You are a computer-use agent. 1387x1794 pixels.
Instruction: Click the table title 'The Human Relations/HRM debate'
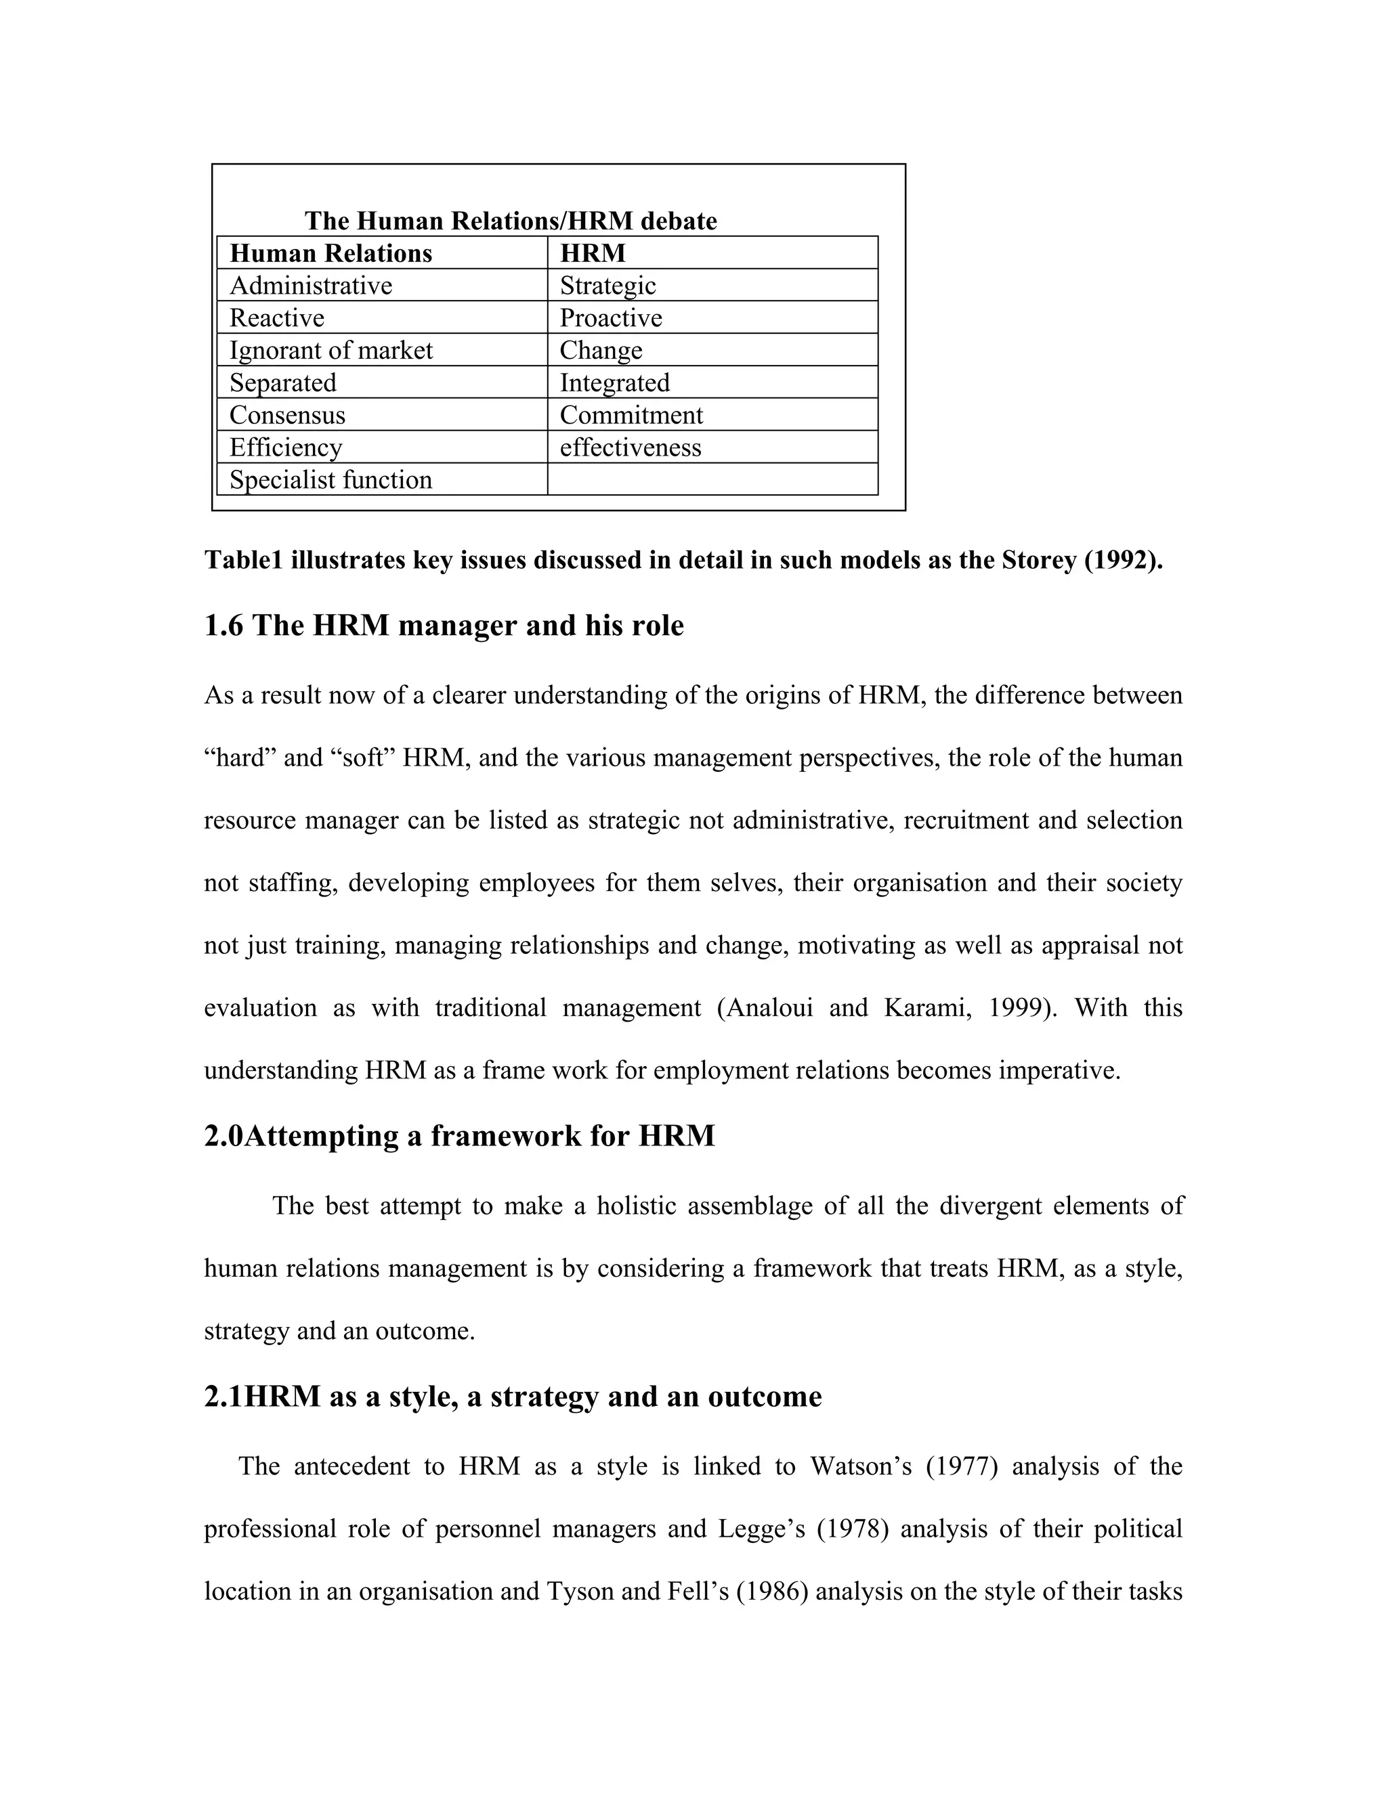[x=510, y=221]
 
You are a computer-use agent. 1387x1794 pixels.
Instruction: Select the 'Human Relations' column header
[x=330, y=253]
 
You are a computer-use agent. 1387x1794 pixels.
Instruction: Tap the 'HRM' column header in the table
[x=593, y=253]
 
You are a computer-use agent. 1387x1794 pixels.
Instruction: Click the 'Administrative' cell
[x=311, y=285]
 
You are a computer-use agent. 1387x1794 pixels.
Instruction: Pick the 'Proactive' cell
[x=610, y=318]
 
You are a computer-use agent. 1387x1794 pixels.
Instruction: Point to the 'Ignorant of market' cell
[x=330, y=350]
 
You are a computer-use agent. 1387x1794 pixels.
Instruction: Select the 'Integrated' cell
[x=615, y=382]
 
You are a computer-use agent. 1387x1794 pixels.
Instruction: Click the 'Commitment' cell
[x=631, y=415]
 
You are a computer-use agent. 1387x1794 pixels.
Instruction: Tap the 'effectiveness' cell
[x=631, y=447]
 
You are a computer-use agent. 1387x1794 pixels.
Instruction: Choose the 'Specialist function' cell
[x=330, y=480]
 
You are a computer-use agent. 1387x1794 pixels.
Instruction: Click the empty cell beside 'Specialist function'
[x=712, y=480]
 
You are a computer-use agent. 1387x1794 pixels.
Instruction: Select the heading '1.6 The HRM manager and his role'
[x=444, y=626]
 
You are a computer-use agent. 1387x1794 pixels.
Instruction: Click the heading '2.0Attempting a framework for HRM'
[x=458, y=1136]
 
